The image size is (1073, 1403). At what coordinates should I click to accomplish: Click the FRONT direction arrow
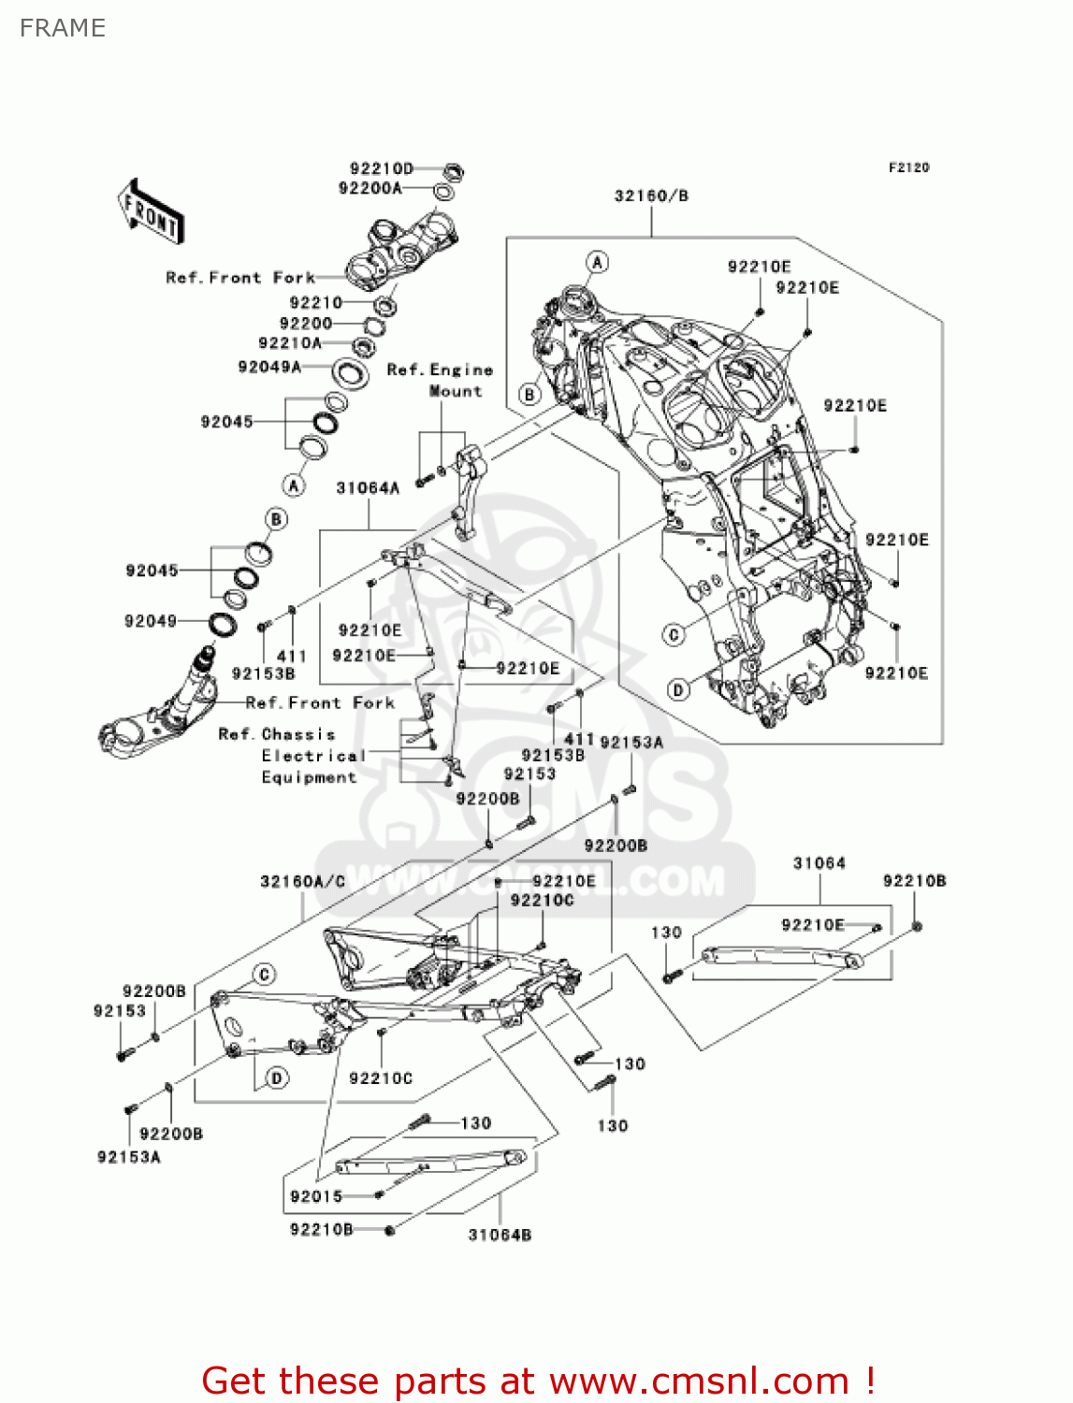(151, 212)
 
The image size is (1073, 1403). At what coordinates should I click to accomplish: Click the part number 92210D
(381, 168)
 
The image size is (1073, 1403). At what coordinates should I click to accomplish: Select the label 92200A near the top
(370, 188)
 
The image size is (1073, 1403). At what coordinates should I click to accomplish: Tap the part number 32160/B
(651, 195)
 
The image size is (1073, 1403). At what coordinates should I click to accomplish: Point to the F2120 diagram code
(908, 167)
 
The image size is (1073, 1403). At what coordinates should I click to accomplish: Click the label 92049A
(269, 367)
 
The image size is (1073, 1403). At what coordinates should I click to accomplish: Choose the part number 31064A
(368, 487)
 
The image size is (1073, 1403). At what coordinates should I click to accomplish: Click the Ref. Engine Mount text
(441, 380)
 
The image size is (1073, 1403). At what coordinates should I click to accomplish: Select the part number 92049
(151, 621)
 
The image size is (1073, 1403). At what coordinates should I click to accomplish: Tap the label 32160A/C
(302, 881)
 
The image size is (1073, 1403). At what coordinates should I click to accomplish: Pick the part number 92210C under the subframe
(381, 1078)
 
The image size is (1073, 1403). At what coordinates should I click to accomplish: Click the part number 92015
(316, 1196)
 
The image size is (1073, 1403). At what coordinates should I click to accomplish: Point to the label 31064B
(500, 1235)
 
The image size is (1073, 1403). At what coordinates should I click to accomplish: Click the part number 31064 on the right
(819, 863)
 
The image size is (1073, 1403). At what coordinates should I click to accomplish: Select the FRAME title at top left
(63, 28)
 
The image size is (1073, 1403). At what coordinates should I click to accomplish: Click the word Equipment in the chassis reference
(309, 777)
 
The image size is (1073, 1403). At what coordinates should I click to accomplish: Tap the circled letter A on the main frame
(597, 262)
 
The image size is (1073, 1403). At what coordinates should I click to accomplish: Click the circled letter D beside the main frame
(678, 690)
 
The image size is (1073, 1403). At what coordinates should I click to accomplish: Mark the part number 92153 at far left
(120, 1011)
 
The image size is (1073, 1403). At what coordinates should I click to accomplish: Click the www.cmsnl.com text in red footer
(699, 1381)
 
